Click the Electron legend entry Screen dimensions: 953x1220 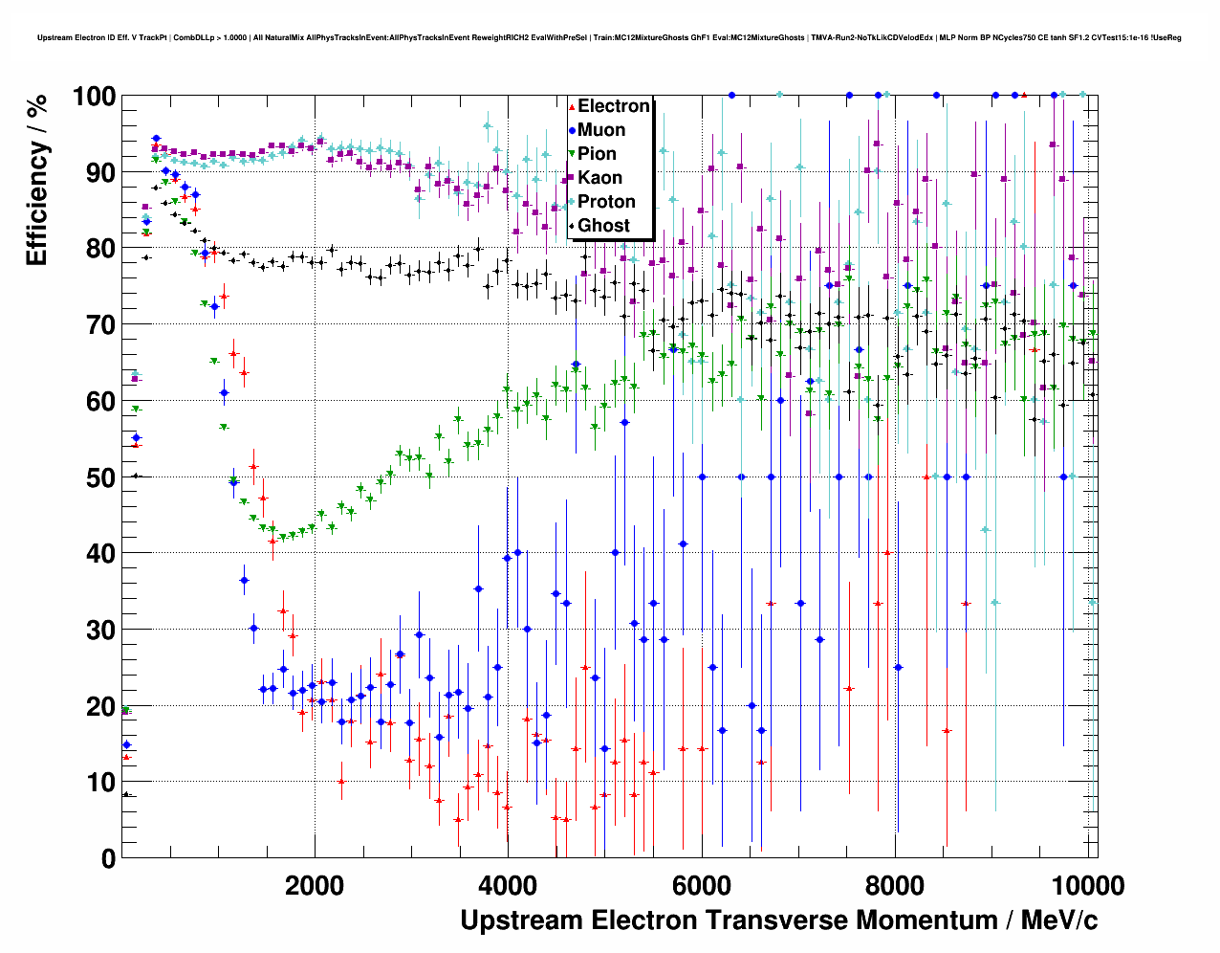point(613,106)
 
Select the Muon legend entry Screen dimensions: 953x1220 point(601,130)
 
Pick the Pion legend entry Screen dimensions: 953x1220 point(597,154)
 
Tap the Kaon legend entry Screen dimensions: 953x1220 point(599,178)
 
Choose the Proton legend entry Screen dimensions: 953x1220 point(606,202)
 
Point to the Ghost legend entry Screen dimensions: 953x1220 point(603,226)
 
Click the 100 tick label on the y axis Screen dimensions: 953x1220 point(94,97)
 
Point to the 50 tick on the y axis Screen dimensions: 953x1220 point(101,477)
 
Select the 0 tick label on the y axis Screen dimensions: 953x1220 point(108,858)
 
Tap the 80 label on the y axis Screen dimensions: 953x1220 point(101,249)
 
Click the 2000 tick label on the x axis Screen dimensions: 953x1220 point(315,885)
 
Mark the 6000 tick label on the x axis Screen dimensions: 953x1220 point(701,885)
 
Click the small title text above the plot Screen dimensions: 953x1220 point(609,37)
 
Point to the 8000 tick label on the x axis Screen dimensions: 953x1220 point(894,885)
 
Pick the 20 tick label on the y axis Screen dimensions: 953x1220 point(101,706)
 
